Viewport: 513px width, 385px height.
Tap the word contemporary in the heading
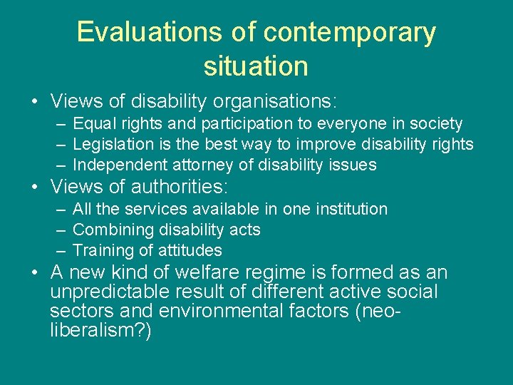[x=349, y=33]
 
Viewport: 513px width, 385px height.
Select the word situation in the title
[x=256, y=66]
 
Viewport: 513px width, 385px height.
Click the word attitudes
[x=186, y=251]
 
